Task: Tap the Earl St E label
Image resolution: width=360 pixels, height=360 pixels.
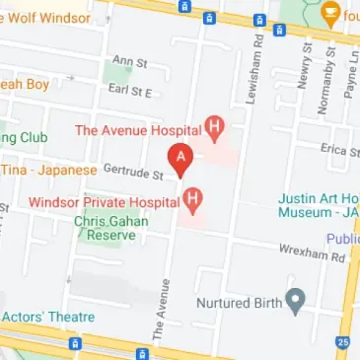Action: tap(130, 91)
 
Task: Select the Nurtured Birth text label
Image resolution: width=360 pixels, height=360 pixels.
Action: tap(241, 303)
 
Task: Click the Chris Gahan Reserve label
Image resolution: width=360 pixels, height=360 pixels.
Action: tap(110, 229)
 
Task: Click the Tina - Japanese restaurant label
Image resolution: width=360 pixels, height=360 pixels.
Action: tap(48, 170)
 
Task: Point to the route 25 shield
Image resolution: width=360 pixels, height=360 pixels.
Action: tap(341, 341)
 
